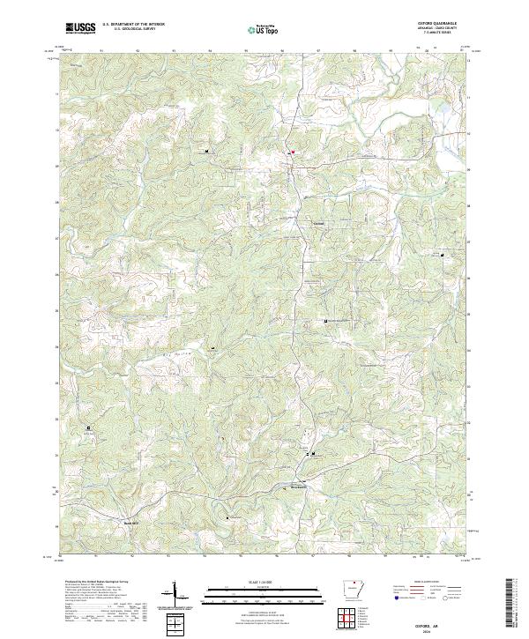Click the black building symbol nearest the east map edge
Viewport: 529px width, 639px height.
pyautogui.click(x=443, y=255)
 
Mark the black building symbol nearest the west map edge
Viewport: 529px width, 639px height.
pyautogui.click(x=89, y=428)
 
